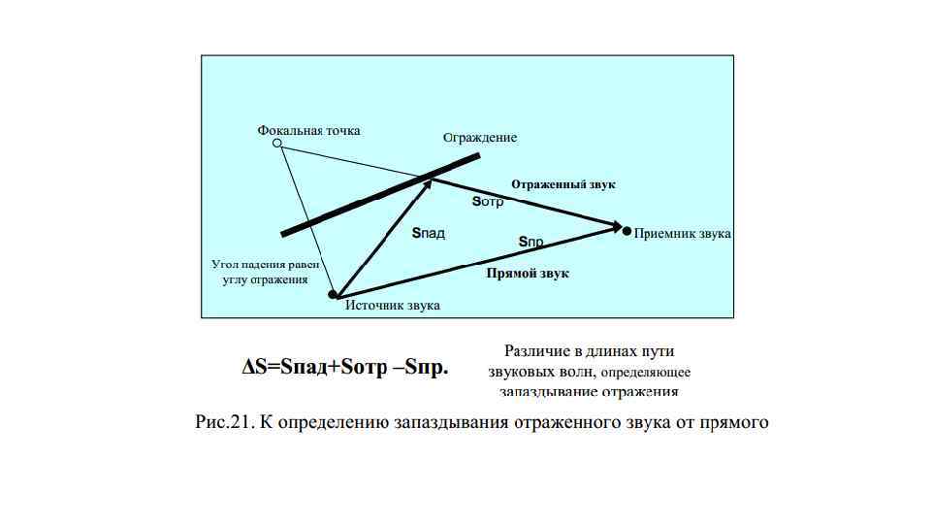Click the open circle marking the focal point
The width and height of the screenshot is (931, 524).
click(277, 144)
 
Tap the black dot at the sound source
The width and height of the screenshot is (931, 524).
click(332, 294)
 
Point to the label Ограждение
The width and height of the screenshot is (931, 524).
click(480, 138)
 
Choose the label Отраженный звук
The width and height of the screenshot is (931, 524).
click(563, 183)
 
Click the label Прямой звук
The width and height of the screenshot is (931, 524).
click(527, 274)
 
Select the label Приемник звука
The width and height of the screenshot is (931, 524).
click(683, 234)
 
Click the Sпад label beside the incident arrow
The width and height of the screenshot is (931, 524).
click(428, 234)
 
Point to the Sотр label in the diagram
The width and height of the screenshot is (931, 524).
click(488, 202)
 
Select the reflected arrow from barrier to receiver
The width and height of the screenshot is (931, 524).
click(524, 203)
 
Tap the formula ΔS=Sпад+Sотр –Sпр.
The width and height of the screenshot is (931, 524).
click(345, 368)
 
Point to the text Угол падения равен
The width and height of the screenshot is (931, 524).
click(265, 264)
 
